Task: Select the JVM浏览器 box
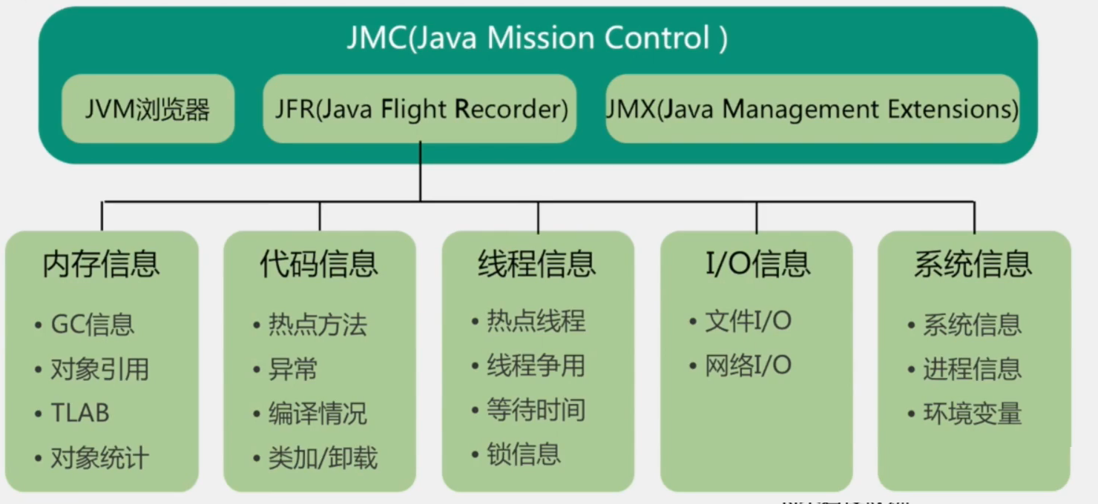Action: click(x=148, y=109)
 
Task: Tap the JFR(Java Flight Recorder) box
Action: click(x=419, y=109)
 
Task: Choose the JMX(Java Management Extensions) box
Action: click(x=812, y=109)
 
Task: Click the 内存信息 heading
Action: click(x=102, y=264)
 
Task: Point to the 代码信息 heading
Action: click(x=319, y=264)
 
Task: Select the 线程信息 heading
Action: click(x=537, y=264)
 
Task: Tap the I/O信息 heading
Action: click(x=757, y=264)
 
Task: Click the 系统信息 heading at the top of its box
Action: click(x=973, y=264)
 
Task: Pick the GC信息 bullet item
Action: click(x=92, y=325)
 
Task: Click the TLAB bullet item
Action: click(x=79, y=414)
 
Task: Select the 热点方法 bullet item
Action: click(x=318, y=325)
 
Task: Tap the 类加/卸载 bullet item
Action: click(x=323, y=458)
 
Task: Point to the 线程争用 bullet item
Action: click(x=536, y=365)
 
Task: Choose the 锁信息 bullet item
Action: click(x=523, y=454)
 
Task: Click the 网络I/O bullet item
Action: click(x=748, y=365)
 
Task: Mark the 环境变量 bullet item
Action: click(x=972, y=414)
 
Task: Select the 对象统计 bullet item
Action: click(x=99, y=458)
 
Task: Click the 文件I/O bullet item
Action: click(x=748, y=321)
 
